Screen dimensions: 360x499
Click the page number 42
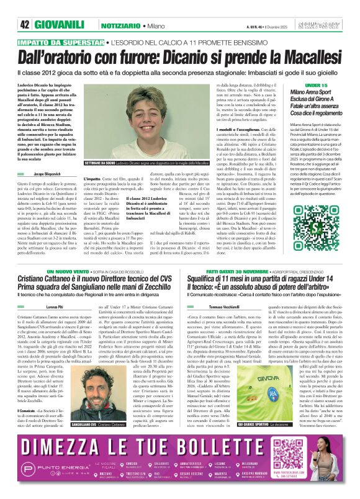point(24,7)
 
